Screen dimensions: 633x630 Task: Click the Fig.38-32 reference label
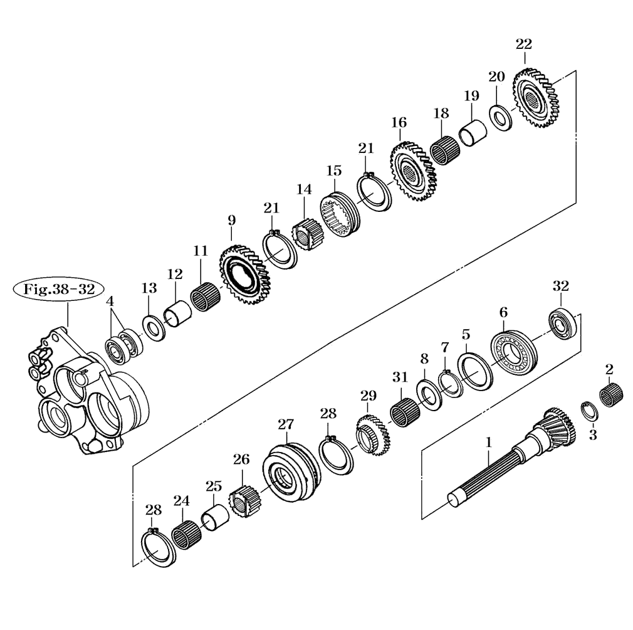(59, 289)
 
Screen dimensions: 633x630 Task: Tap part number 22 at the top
(523, 44)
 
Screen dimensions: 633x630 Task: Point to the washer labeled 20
(501, 117)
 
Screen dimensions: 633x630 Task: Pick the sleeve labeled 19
(473, 132)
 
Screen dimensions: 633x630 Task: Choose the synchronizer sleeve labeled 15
(340, 214)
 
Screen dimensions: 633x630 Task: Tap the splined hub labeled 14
(305, 234)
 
